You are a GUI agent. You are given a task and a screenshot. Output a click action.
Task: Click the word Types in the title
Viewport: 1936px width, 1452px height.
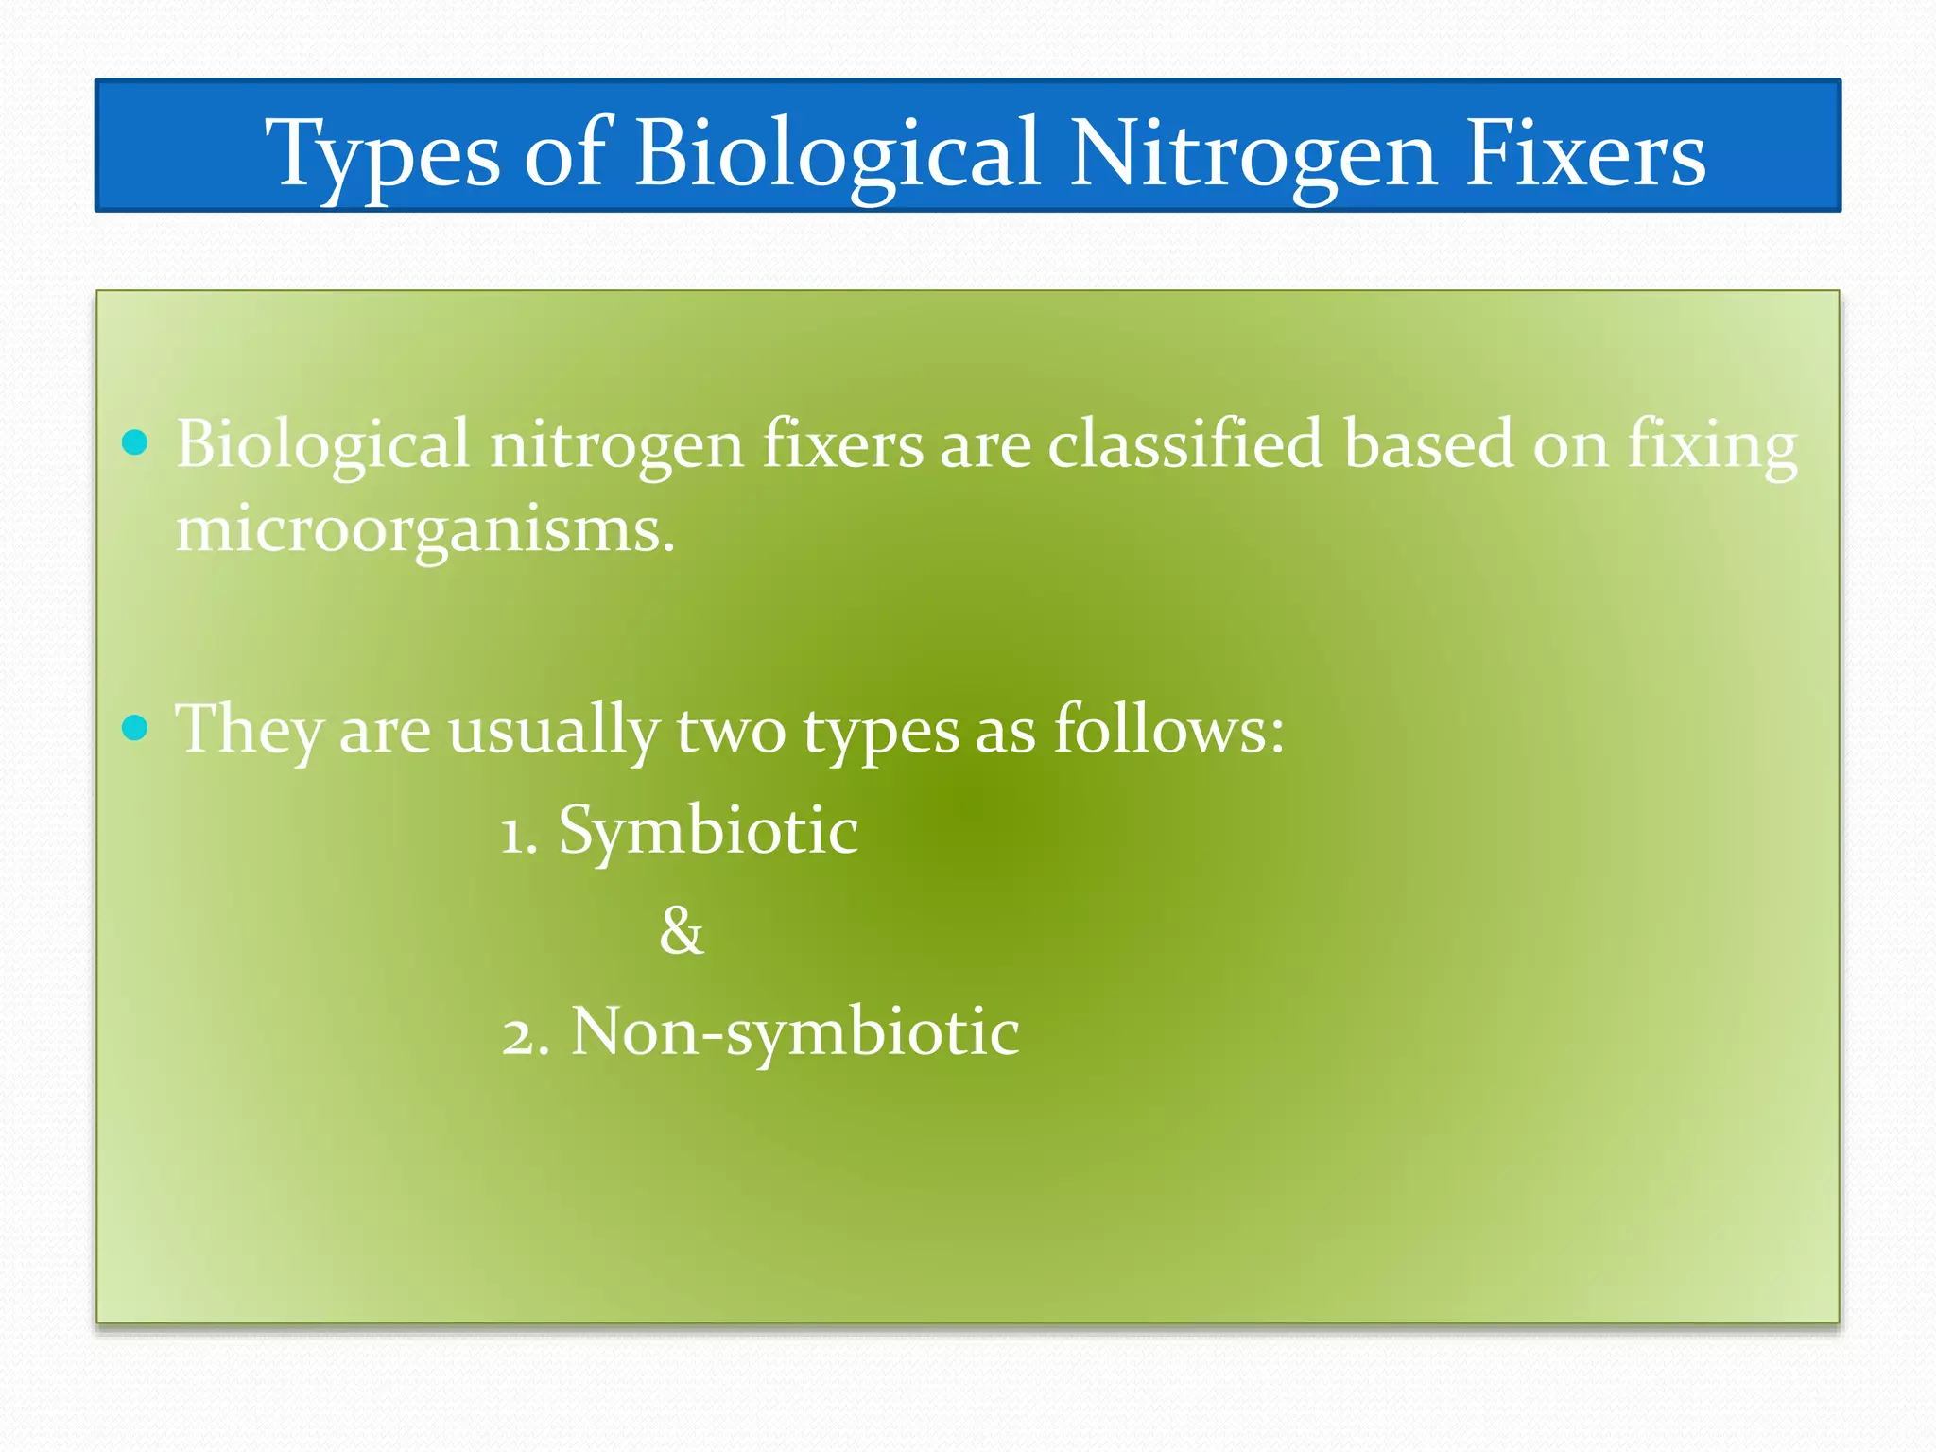coord(382,154)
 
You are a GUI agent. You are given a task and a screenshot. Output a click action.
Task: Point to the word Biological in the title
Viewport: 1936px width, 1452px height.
coord(838,154)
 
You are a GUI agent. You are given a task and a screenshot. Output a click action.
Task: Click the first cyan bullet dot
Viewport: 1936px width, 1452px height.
coord(136,442)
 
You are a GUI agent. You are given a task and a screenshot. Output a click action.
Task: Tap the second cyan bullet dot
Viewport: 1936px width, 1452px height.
coord(136,728)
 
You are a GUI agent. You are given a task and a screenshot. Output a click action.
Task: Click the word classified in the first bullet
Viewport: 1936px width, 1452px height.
coord(1185,444)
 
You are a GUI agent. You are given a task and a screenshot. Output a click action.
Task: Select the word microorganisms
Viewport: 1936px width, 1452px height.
coord(425,529)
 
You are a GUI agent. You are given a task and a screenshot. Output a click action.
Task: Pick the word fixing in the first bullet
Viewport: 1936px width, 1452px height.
coord(1712,444)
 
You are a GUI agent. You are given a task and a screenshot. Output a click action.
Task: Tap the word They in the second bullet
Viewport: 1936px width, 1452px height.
coord(249,730)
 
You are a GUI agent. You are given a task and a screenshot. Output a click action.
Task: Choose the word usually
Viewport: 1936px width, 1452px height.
coord(553,730)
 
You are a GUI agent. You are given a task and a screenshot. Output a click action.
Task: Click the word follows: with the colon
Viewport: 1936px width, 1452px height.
coord(1169,730)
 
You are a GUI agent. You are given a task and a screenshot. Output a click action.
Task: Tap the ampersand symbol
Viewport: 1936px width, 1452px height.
coord(682,931)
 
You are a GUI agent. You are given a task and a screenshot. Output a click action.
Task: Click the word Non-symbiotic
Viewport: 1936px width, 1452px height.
coord(795,1032)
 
